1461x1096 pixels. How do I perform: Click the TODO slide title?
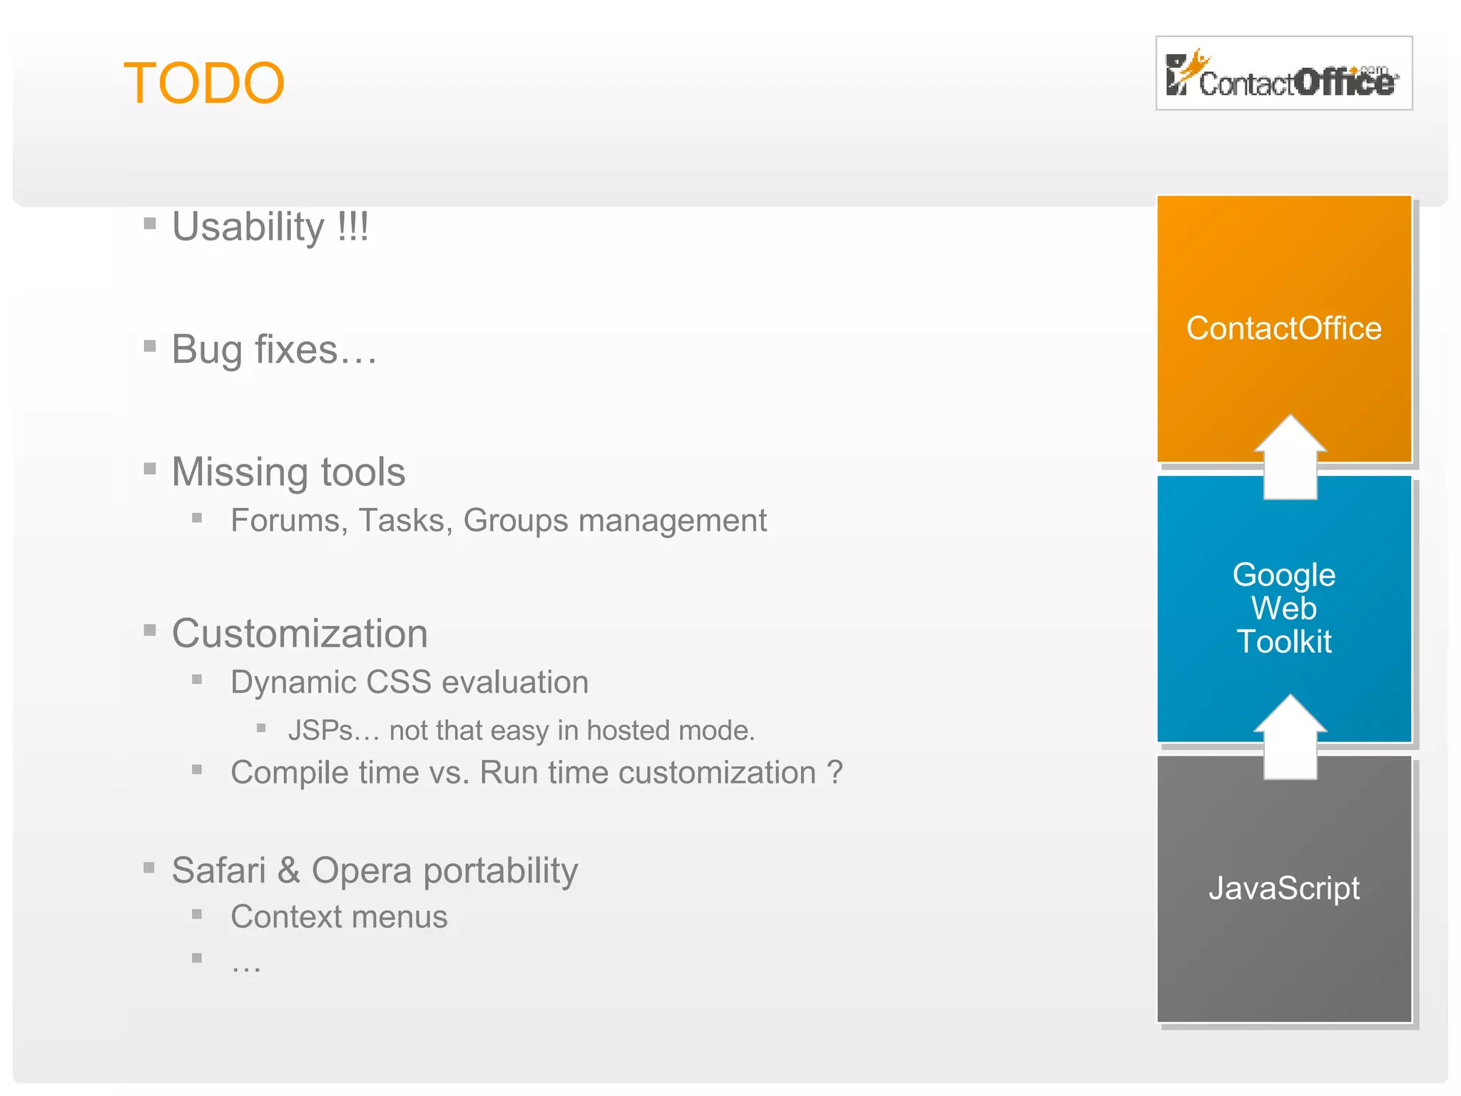204,83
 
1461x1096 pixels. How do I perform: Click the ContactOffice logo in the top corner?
1283,73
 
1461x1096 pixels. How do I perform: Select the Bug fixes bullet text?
275,350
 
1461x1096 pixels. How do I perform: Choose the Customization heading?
300,634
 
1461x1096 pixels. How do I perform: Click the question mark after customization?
834,773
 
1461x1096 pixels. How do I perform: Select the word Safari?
218,871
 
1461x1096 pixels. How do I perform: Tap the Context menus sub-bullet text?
339,917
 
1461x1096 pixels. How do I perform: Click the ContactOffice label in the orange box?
1283,329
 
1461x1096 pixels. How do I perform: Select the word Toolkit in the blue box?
1283,641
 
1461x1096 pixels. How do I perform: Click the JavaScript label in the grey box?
1283,888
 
